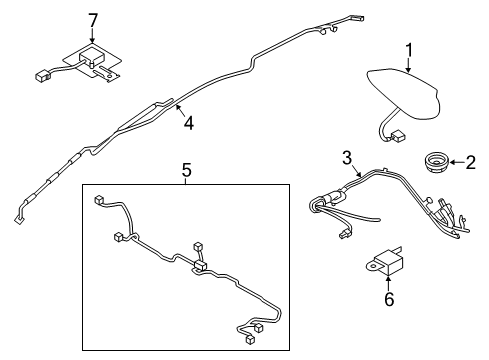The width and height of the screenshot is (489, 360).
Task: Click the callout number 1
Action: coord(408,50)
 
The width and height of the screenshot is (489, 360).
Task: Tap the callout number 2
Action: coord(470,163)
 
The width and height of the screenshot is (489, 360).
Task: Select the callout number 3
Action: coord(347,158)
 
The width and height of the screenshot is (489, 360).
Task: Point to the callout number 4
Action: coord(189,123)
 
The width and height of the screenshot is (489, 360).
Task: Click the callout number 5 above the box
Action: coord(187,170)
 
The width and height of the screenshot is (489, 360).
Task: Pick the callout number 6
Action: coord(389,299)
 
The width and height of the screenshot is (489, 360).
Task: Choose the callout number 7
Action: coord(93,20)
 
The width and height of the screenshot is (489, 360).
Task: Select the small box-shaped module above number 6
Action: coord(388,262)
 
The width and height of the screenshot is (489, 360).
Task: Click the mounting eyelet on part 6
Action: coord(371,266)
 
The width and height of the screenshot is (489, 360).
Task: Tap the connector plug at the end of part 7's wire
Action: coord(42,76)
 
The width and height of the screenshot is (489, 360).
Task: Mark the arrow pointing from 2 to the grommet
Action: coord(456,163)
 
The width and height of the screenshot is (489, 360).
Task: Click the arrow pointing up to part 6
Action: coord(388,283)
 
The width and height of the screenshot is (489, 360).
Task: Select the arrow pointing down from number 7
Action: coord(92,36)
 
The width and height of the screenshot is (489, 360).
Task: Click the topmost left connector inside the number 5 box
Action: coord(99,199)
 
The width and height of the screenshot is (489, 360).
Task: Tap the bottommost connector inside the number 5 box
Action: coord(250,339)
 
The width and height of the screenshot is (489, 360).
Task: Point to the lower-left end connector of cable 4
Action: coord(18,220)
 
